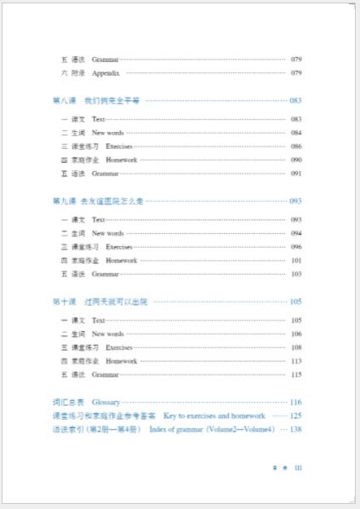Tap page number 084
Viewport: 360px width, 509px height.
coord(296,133)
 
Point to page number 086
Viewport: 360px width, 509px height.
coord(296,146)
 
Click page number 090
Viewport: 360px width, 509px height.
coord(296,160)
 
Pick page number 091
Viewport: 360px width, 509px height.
coord(296,174)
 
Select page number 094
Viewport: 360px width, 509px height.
coord(296,233)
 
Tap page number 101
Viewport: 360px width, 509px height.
coord(296,260)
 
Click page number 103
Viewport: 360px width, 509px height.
coord(296,274)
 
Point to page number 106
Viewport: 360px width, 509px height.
coord(296,334)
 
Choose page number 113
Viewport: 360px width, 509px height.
coord(296,361)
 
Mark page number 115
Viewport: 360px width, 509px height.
coord(296,375)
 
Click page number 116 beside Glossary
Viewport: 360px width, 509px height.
coord(295,402)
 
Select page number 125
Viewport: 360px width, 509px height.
coord(295,415)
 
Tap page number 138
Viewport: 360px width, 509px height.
coord(295,429)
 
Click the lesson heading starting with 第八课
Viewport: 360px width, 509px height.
coord(95,100)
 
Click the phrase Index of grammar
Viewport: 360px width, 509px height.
coord(175,429)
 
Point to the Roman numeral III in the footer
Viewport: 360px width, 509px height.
coord(298,467)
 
